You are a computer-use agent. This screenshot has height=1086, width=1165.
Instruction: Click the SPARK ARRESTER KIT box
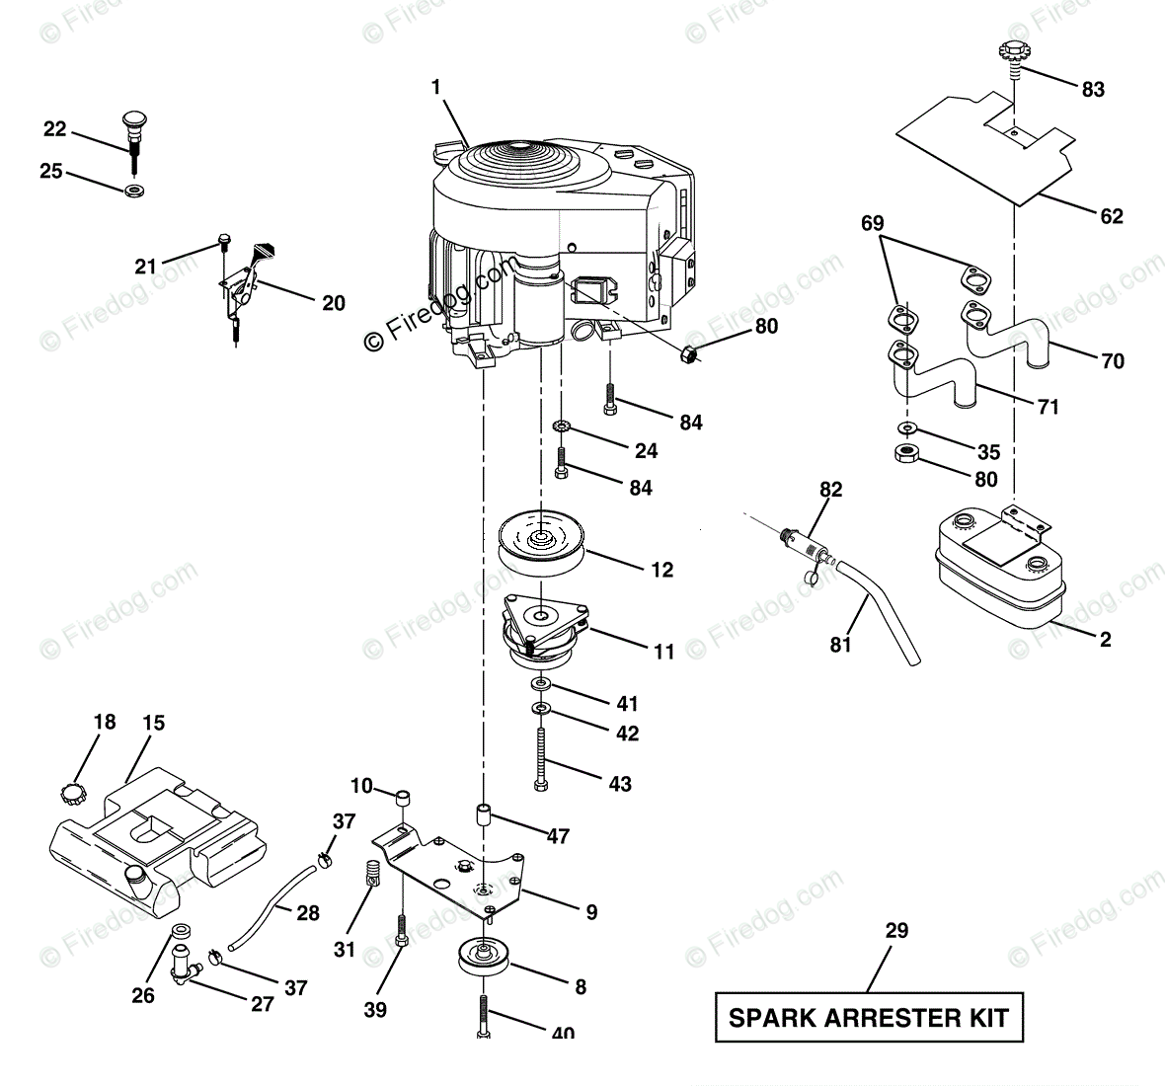tap(869, 1017)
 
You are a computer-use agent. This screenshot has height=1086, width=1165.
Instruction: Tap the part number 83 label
tap(1093, 89)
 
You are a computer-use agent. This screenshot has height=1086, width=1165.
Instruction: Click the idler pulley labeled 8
tap(481, 959)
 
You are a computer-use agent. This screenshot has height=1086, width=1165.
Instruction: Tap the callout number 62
tap(1111, 216)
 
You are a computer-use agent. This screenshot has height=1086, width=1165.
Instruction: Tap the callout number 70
tap(1113, 361)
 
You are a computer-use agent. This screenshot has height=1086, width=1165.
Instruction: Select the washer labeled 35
tap(906, 428)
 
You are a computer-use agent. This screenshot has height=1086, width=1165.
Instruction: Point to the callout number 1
tap(435, 88)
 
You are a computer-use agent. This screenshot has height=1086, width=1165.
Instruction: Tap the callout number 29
tap(896, 930)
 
